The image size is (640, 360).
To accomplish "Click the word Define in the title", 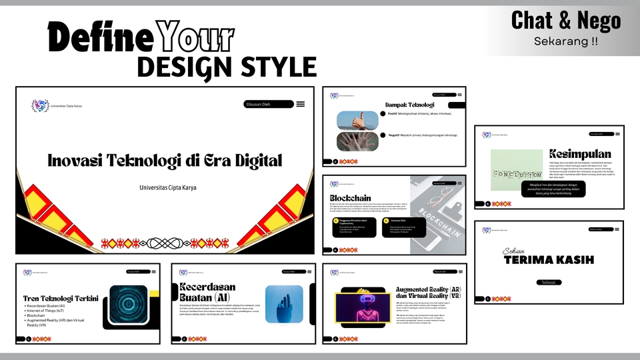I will click(100, 39).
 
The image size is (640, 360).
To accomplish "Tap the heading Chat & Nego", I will click(565, 21).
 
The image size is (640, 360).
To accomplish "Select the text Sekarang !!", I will click(565, 41).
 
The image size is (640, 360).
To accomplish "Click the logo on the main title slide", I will click(40, 105).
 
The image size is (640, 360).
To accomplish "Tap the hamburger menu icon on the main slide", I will click(301, 104).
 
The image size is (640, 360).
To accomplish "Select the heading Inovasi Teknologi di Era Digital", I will click(165, 161).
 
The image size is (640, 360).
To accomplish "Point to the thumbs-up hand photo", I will click(357, 120).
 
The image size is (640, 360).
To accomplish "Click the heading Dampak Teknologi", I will click(409, 105).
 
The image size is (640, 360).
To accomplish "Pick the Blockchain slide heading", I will click(350, 198).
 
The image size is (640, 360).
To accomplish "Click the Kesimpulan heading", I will click(580, 154).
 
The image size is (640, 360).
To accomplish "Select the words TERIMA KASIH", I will click(549, 259).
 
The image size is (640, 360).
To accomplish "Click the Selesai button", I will click(548, 282).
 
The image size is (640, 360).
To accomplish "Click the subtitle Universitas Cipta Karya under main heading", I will click(168, 187).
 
